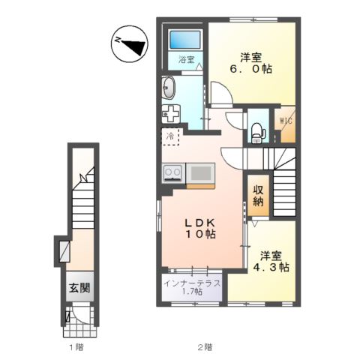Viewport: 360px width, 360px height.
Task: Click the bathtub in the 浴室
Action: (x=185, y=40)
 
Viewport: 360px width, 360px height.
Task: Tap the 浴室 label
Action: (x=186, y=59)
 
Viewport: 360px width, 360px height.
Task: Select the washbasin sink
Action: (x=169, y=88)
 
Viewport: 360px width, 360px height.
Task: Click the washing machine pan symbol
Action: (x=171, y=114)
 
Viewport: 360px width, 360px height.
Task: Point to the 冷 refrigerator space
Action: (x=170, y=137)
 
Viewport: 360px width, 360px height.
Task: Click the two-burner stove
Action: (x=172, y=172)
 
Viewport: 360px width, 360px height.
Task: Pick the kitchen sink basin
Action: (x=201, y=173)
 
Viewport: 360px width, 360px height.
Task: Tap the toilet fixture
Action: (x=256, y=133)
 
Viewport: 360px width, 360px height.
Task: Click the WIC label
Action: (x=286, y=121)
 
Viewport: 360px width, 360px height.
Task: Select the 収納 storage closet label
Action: (x=258, y=196)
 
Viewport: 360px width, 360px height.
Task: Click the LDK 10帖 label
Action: (x=200, y=229)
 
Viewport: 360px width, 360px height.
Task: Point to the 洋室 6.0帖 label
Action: (x=251, y=63)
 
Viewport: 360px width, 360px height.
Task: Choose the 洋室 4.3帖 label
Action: (x=271, y=262)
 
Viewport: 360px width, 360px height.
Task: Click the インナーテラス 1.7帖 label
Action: (x=193, y=287)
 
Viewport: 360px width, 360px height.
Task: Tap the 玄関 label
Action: (x=79, y=288)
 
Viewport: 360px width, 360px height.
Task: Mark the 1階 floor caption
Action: (x=76, y=347)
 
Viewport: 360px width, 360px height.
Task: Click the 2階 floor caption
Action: (x=205, y=347)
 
